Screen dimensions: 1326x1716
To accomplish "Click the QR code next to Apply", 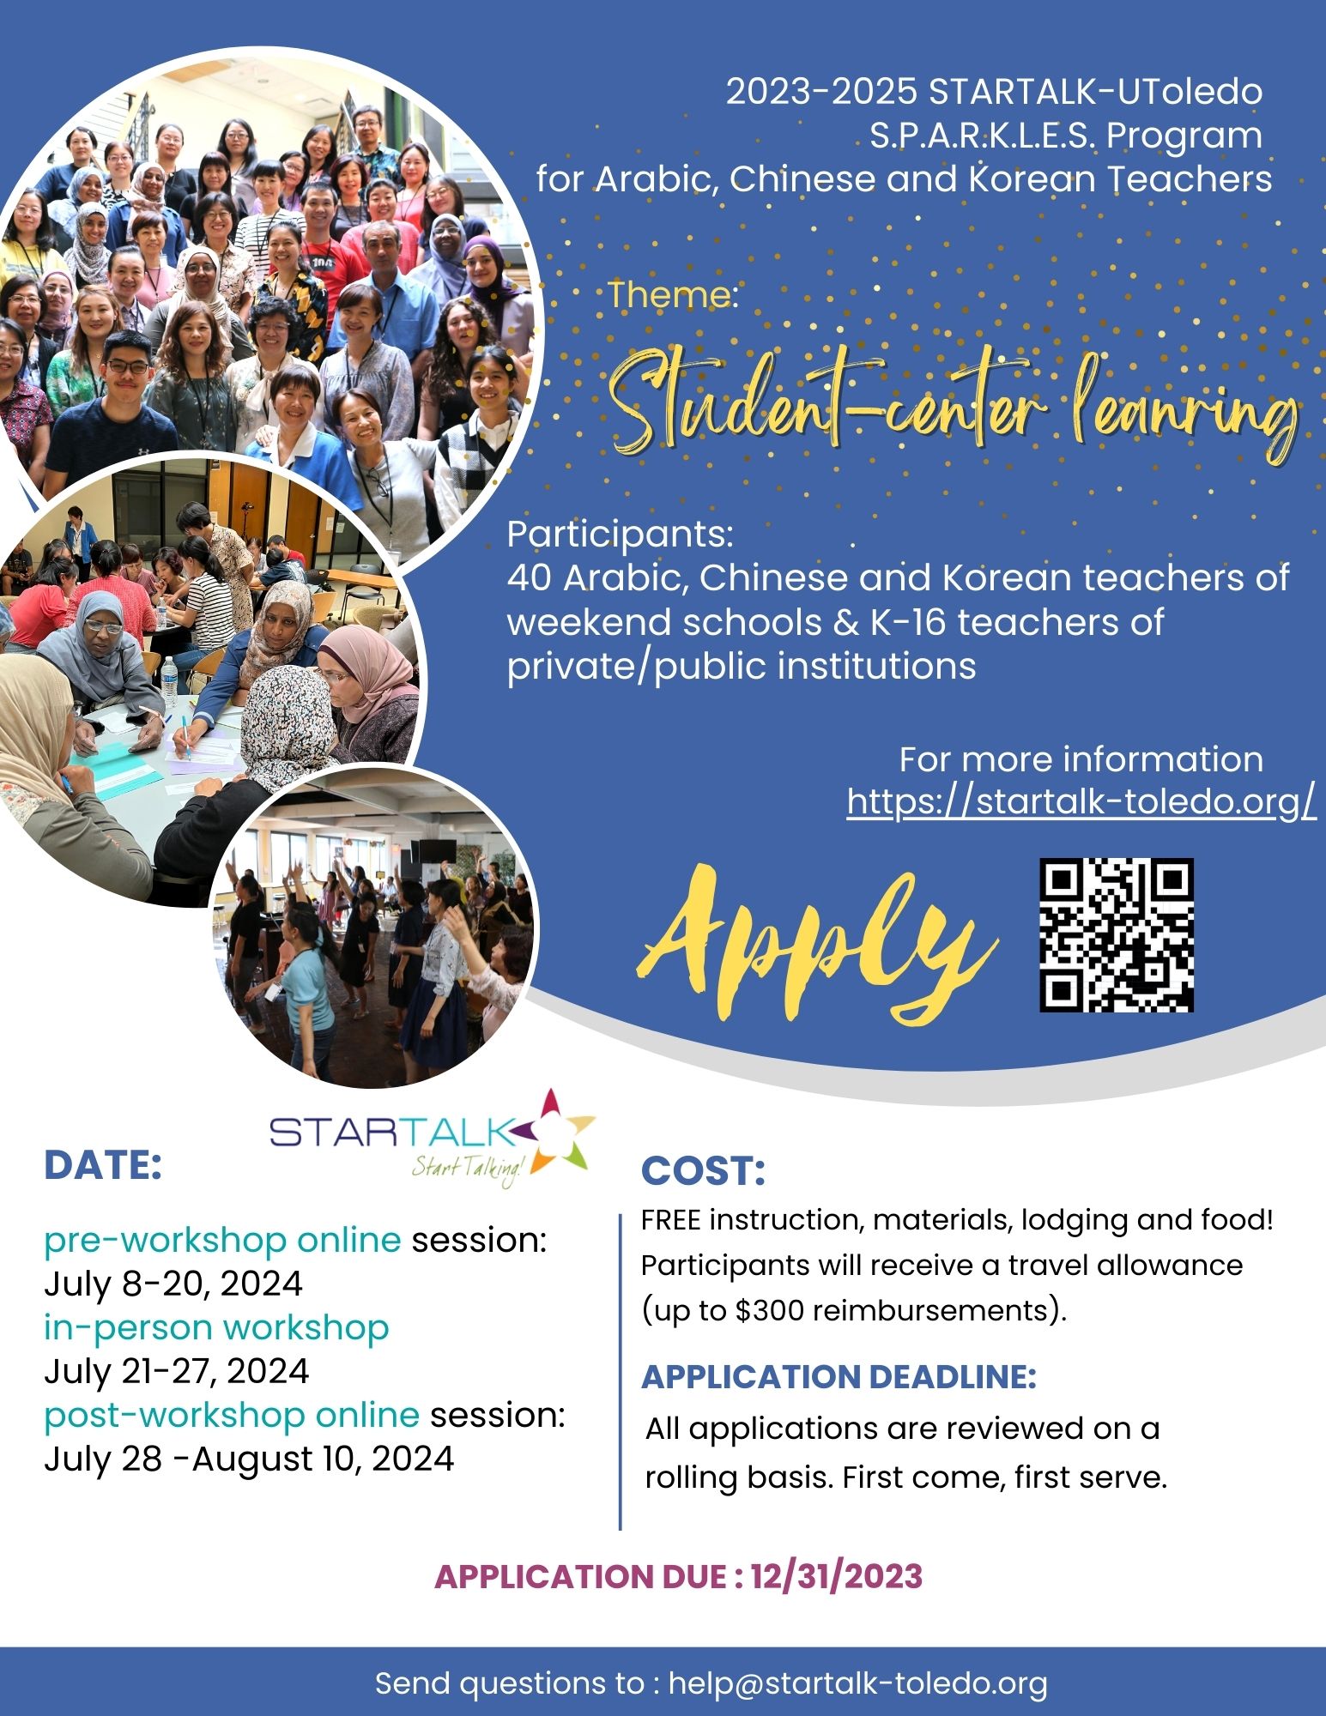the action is (1117, 935).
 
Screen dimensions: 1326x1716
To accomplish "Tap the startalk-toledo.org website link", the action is (1081, 801).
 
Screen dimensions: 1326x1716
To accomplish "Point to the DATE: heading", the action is (103, 1165).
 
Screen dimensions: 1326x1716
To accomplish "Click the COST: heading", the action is (703, 1171).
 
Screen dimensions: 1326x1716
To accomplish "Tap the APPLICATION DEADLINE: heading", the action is (839, 1376).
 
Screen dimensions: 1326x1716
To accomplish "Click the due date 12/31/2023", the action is (837, 1576).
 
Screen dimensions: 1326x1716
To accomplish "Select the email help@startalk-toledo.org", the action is (858, 1683).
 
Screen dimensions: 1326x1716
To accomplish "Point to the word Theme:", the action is (674, 294).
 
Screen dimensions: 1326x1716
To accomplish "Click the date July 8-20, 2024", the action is (173, 1284).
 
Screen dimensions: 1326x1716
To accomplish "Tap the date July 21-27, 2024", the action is (176, 1370).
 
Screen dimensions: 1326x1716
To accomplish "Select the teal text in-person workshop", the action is (216, 1327).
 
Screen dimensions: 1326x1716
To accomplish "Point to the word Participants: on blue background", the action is (621, 535).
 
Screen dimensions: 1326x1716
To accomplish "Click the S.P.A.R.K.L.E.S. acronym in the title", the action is (984, 135).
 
